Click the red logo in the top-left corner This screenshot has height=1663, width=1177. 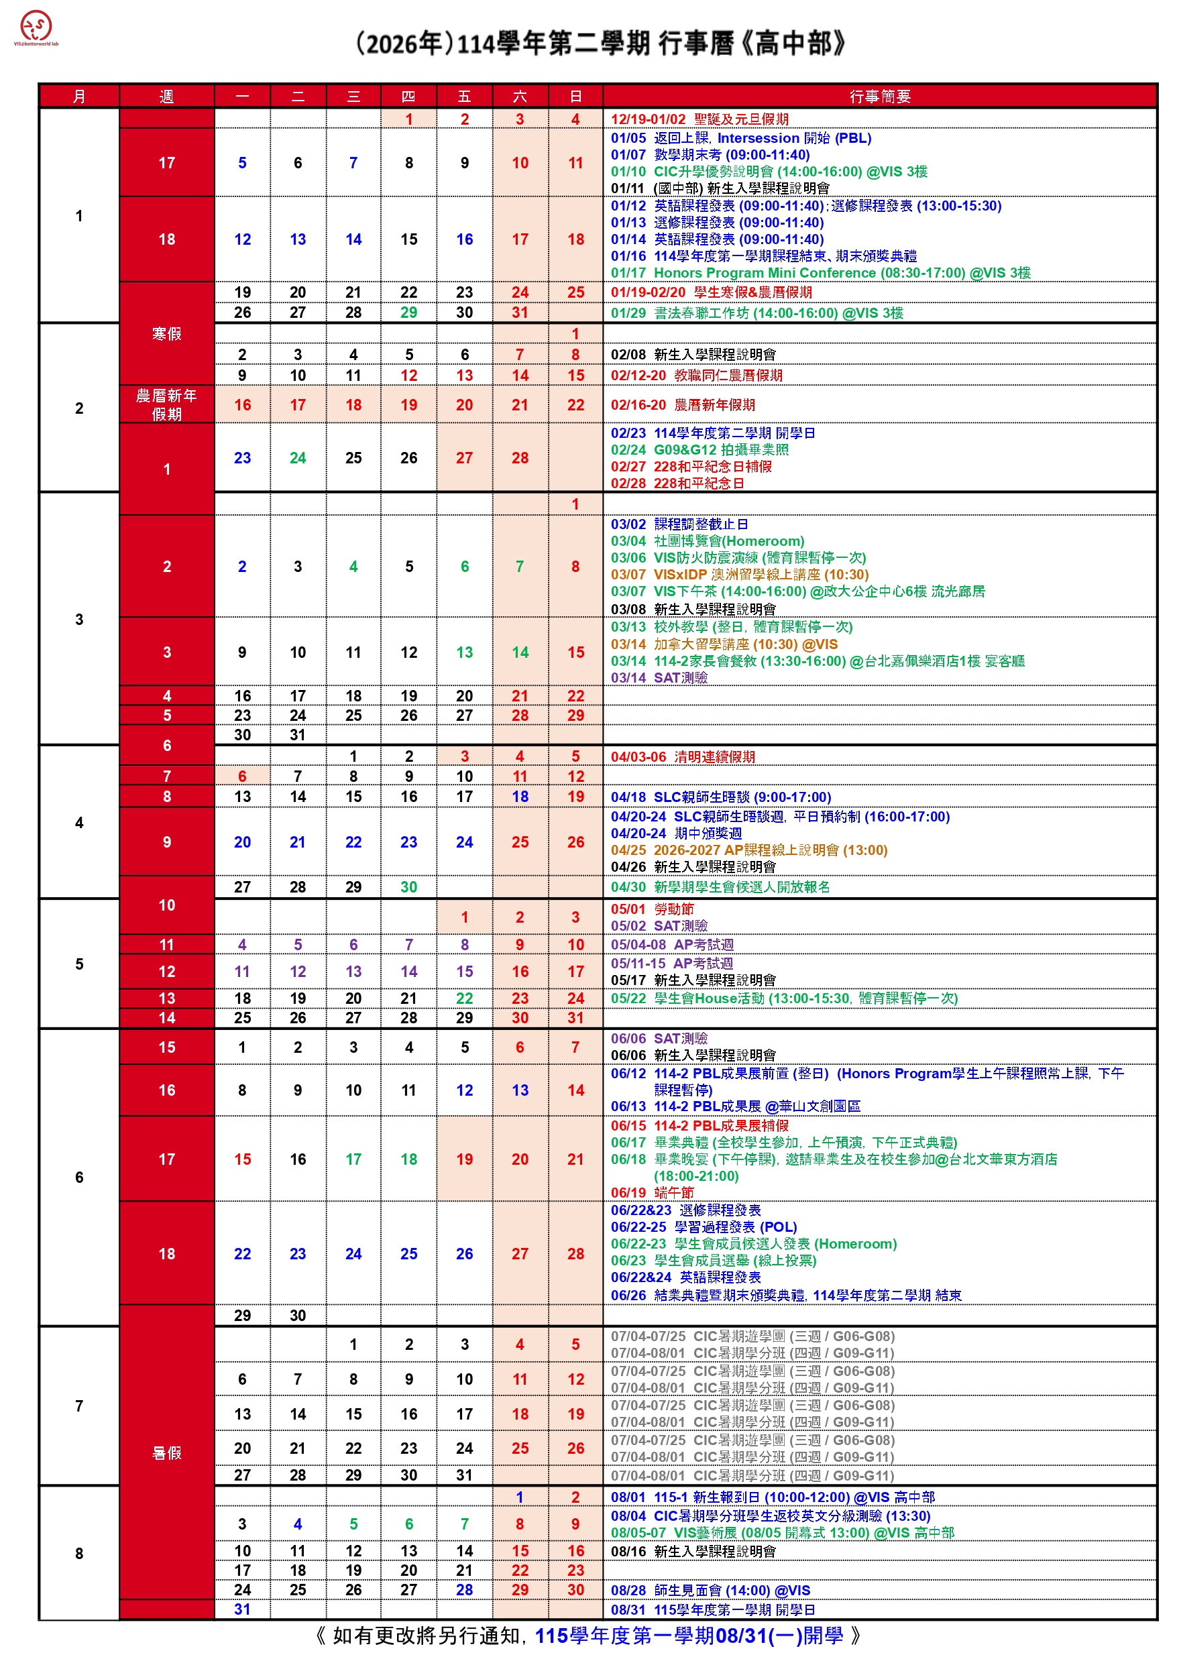coord(36,27)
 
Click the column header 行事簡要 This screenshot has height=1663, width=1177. coord(879,97)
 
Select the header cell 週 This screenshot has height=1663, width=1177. coord(167,97)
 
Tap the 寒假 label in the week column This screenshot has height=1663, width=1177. coord(167,334)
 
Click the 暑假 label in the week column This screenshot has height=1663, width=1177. coord(167,1454)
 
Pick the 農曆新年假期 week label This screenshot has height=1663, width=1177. coord(167,405)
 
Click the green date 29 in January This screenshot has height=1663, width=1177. coord(408,313)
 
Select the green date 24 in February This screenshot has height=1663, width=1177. coord(298,459)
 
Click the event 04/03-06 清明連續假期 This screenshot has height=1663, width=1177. coord(682,757)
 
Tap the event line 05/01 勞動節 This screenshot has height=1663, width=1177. coord(652,909)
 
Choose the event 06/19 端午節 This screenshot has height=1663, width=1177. coord(652,1193)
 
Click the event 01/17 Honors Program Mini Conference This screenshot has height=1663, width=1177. coord(820,273)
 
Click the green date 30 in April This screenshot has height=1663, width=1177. coord(408,888)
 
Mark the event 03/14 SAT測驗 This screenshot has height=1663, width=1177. coord(659,678)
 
